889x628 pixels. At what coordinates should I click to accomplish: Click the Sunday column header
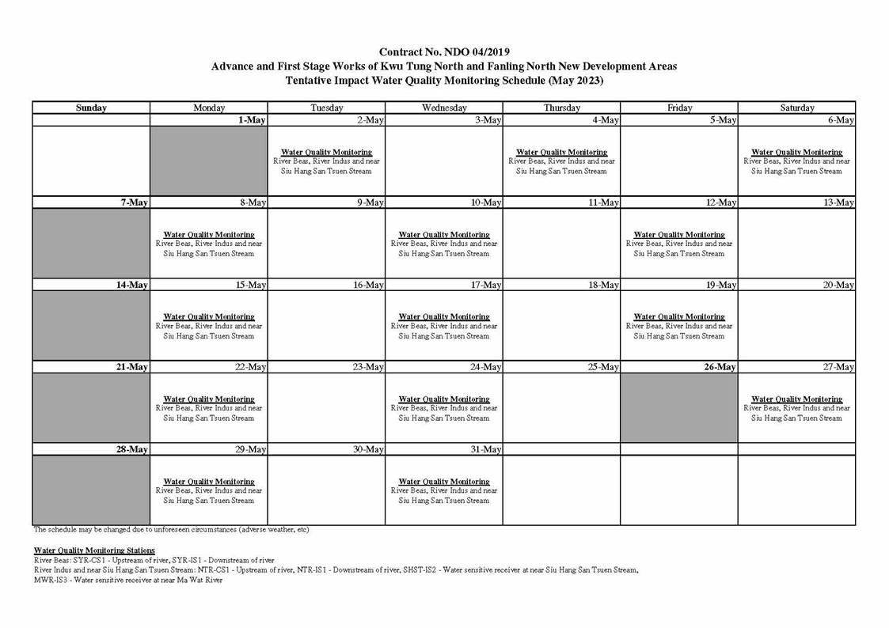91,108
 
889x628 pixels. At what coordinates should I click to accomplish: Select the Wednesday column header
444,108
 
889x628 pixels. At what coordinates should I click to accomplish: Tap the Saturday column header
796,108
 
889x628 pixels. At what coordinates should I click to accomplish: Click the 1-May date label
251,120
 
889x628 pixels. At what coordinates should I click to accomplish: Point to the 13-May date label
838,202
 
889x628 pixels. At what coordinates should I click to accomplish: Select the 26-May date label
720,367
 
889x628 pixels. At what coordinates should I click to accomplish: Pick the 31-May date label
486,449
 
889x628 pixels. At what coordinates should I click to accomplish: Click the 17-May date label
486,285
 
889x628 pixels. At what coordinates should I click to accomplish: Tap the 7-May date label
135,202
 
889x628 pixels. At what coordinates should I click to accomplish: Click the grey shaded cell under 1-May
209,161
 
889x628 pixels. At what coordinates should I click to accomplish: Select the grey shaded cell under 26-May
679,408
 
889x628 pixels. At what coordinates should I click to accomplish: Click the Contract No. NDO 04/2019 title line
444,52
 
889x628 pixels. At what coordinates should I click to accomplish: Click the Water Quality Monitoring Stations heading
94,550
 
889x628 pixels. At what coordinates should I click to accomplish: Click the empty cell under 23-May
326,408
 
